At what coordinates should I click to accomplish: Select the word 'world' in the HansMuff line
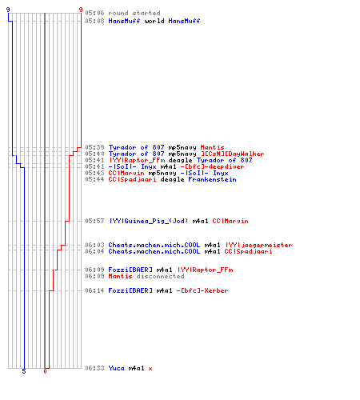tap(154, 21)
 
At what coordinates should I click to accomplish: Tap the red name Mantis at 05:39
tap(212, 147)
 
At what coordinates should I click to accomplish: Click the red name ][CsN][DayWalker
tap(232, 154)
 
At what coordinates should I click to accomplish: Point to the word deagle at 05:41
tap(176, 160)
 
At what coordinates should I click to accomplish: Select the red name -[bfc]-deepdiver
tap(212, 166)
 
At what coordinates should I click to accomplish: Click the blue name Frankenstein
tap(212, 179)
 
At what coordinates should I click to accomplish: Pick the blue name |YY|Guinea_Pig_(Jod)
tap(148, 221)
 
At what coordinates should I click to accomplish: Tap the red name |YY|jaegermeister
tap(258, 245)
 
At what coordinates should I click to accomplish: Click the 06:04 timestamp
tap(94, 251)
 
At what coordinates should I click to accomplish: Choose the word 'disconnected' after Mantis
tap(160, 276)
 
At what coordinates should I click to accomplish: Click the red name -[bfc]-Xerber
tap(202, 290)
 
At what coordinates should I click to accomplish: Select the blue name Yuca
tap(116, 368)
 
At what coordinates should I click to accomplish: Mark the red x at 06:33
tap(150, 369)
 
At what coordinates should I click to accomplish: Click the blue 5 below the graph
tap(24, 371)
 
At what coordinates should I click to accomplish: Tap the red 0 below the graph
tap(45, 371)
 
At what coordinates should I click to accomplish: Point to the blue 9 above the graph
tap(8, 10)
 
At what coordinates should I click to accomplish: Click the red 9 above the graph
tap(81, 10)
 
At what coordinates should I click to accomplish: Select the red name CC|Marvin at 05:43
tap(126, 173)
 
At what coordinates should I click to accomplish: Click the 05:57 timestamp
tap(94, 221)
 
